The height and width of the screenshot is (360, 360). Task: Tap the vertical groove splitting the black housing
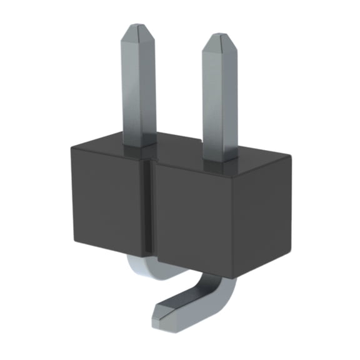tap(150, 206)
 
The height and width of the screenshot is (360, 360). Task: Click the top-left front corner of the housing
tap(71, 146)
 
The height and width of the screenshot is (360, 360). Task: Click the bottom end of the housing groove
tap(150, 255)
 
